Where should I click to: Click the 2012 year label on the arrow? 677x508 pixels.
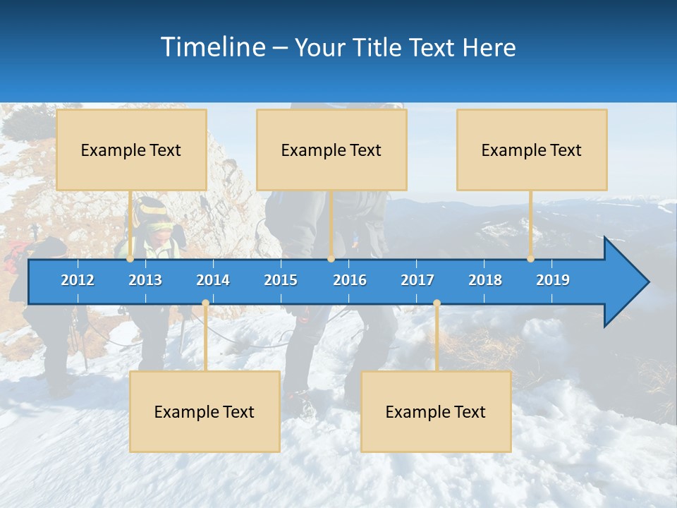pos(78,280)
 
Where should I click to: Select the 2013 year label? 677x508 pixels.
pos(145,280)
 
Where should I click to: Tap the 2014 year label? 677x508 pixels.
pos(213,280)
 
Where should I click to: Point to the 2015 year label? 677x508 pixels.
pos(281,280)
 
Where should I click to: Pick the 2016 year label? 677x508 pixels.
pos(350,280)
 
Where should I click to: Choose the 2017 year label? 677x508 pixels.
pos(417,280)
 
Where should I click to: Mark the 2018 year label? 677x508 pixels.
pos(485,280)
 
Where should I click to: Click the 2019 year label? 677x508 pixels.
pos(553,280)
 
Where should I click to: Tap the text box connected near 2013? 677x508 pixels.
pos(131,150)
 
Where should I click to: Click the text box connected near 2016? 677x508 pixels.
pos(331,150)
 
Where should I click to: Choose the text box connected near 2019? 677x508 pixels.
pos(532,150)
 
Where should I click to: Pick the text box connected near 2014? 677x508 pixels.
pos(205,411)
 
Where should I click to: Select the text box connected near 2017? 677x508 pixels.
pos(436,411)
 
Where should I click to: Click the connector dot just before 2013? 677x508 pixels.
pos(130,259)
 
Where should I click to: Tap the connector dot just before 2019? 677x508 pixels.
pos(531,259)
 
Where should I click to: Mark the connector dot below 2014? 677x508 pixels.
pos(205,303)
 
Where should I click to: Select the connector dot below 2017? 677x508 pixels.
pos(437,303)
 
